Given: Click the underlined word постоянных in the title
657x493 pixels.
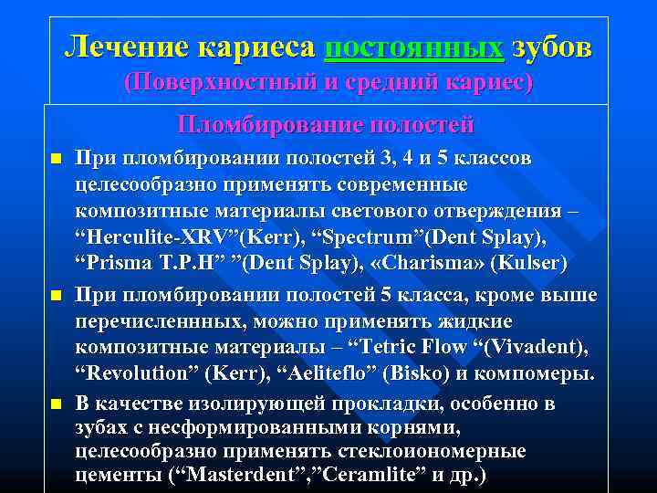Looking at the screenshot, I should click(413, 46).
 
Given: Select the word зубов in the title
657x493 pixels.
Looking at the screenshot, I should click(551, 46).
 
